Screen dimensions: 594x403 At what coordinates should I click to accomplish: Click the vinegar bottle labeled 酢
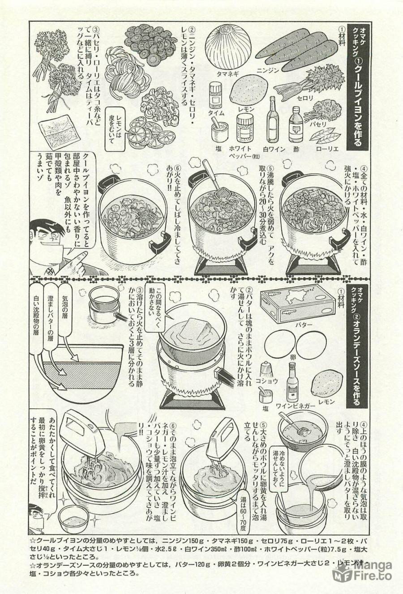point(296,124)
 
